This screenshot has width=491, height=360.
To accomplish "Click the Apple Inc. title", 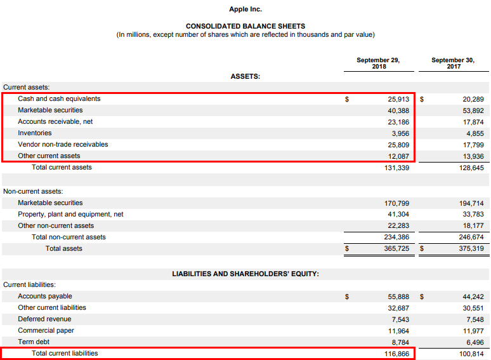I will coord(245,10).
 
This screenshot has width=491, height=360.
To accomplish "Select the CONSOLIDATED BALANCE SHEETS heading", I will coord(245,26).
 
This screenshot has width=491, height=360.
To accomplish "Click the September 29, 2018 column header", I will coord(378,63).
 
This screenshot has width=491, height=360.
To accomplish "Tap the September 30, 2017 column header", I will coord(453,63).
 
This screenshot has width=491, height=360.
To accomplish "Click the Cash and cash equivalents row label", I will coord(59,99).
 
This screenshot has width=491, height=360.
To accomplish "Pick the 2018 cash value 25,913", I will coord(399,99).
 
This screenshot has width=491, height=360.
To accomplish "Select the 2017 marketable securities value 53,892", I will coord(473,110).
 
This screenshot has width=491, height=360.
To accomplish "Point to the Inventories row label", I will coord(35,133).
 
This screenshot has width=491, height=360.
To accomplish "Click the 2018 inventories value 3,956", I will coord(401,133).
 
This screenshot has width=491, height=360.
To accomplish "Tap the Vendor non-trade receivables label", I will coord(63,145).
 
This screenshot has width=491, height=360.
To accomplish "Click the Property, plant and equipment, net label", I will coord(70,215).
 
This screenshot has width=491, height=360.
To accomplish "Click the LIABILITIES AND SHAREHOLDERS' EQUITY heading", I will coord(245,274).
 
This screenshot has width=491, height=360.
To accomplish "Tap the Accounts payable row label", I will coord(45,297).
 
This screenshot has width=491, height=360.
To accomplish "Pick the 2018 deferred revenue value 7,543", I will coord(401,319).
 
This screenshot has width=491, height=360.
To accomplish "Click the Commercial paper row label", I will coord(46,331).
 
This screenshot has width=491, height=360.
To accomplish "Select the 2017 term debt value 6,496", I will coord(473,342).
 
